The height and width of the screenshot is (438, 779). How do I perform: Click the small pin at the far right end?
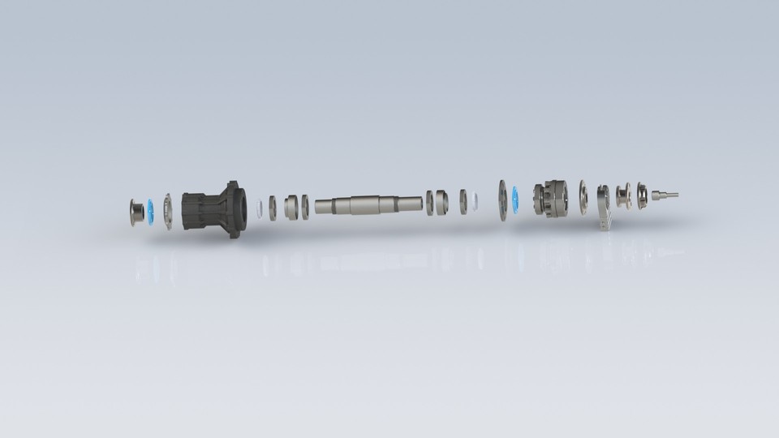tap(663, 195)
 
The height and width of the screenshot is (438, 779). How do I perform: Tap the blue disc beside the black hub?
tap(150, 211)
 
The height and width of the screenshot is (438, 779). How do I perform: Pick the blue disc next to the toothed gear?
tap(514, 200)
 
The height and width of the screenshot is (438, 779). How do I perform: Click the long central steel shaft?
tap(368, 205)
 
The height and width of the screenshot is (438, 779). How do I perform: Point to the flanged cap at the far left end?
tap(136, 212)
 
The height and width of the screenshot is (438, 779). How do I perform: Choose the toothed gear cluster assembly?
tap(551, 199)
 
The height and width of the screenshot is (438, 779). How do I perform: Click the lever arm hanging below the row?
tap(603, 206)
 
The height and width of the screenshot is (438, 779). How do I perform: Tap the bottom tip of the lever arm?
tap(605, 226)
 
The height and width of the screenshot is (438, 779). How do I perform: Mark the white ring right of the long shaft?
tap(474, 202)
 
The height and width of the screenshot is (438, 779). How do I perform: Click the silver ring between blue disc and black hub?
tap(168, 211)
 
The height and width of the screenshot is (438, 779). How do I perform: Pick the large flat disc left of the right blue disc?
tap(502, 200)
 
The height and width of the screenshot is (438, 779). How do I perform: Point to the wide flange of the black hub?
tap(235, 209)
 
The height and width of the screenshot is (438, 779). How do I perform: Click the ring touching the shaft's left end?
tap(305, 207)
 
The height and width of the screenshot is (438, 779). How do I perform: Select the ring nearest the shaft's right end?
tap(429, 203)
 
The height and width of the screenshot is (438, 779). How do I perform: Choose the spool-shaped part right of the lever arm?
tap(623, 196)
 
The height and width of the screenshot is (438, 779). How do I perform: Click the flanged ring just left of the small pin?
tap(642, 195)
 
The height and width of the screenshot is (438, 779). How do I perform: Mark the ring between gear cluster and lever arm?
tap(583, 197)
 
